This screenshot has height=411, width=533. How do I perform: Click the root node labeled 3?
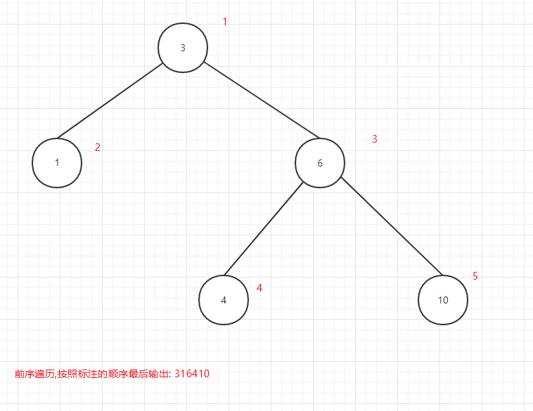pos(183,48)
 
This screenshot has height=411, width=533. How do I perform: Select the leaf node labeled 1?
pos(57,162)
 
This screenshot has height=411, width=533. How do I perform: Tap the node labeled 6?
pos(320,163)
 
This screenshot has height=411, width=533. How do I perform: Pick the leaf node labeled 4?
pos(224,300)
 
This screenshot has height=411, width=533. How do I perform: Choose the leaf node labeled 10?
pos(443,300)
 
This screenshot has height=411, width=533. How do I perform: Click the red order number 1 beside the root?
pos(225,22)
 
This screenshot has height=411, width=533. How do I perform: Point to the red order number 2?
pos(98,148)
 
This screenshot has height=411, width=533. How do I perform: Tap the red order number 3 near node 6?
pos(375,139)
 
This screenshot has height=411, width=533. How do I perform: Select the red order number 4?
pos(259,288)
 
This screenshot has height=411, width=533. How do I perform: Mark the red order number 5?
pos(475,276)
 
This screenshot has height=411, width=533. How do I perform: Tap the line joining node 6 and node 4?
pos(263,229)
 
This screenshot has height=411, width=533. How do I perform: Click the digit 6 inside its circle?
pos(320,164)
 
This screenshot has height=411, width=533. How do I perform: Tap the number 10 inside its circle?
pos(443,301)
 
